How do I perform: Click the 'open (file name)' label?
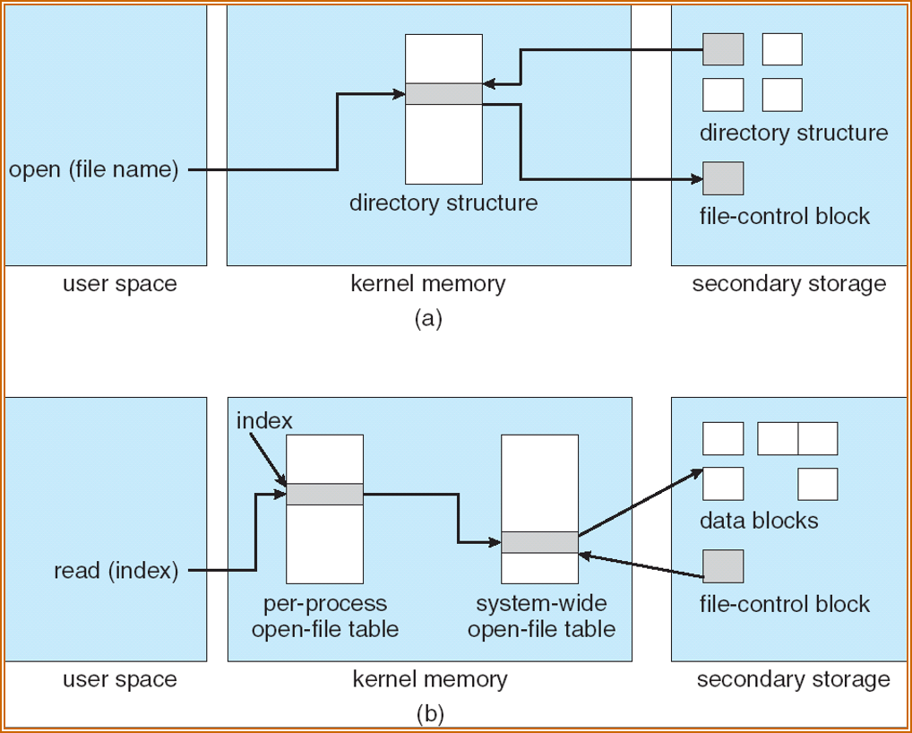pyautogui.click(x=93, y=169)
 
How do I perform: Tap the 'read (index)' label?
pyautogui.click(x=116, y=571)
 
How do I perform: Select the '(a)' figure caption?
pyautogui.click(x=428, y=318)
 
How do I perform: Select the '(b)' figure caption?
pyautogui.click(x=430, y=714)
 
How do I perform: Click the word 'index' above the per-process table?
pyautogui.click(x=264, y=420)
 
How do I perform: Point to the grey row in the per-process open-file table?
pyautogui.click(x=324, y=495)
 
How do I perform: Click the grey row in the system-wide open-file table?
pyautogui.click(x=539, y=542)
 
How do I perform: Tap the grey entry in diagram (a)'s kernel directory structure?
pyautogui.click(x=443, y=94)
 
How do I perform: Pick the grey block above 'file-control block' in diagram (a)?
pyautogui.click(x=723, y=179)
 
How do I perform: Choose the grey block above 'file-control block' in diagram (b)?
pyautogui.click(x=723, y=566)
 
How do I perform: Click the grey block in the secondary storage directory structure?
pyautogui.click(x=723, y=49)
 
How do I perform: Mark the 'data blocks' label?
pyautogui.click(x=759, y=521)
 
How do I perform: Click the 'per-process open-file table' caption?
pyautogui.click(x=324, y=616)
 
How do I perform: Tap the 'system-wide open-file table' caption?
pyautogui.click(x=541, y=616)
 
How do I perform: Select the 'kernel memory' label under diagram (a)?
pyautogui.click(x=428, y=285)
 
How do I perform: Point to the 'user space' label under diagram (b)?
pyautogui.click(x=120, y=679)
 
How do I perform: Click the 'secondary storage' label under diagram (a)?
pyautogui.click(x=788, y=285)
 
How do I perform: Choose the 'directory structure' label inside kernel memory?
pyautogui.click(x=443, y=203)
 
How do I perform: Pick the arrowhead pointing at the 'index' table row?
pyautogui.click(x=281, y=484)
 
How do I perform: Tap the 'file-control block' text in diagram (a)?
pyautogui.click(x=785, y=216)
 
